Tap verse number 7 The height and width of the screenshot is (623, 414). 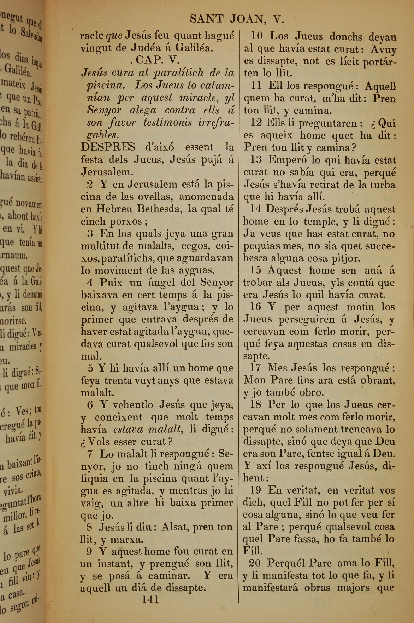tap(90, 454)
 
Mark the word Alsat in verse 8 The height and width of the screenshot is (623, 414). tap(174, 527)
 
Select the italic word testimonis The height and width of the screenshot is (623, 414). tap(168, 123)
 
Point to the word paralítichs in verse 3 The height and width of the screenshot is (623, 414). tap(128, 258)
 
